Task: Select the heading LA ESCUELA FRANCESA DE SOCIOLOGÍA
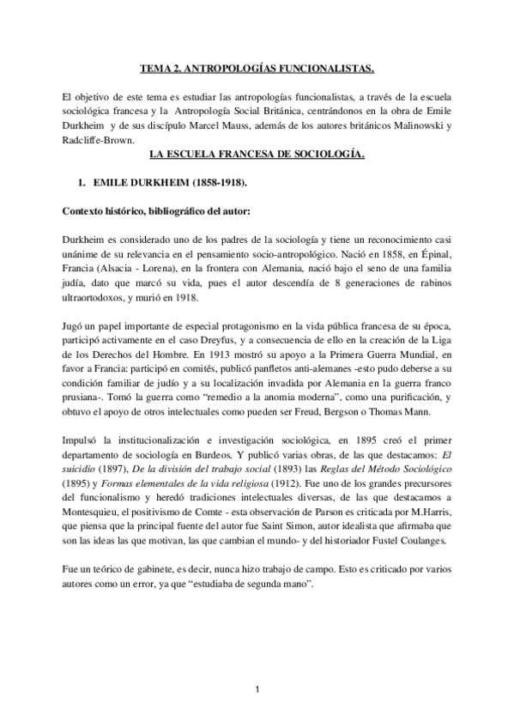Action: point(257,155)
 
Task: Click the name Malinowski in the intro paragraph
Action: point(412,127)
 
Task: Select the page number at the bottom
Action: point(257,689)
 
